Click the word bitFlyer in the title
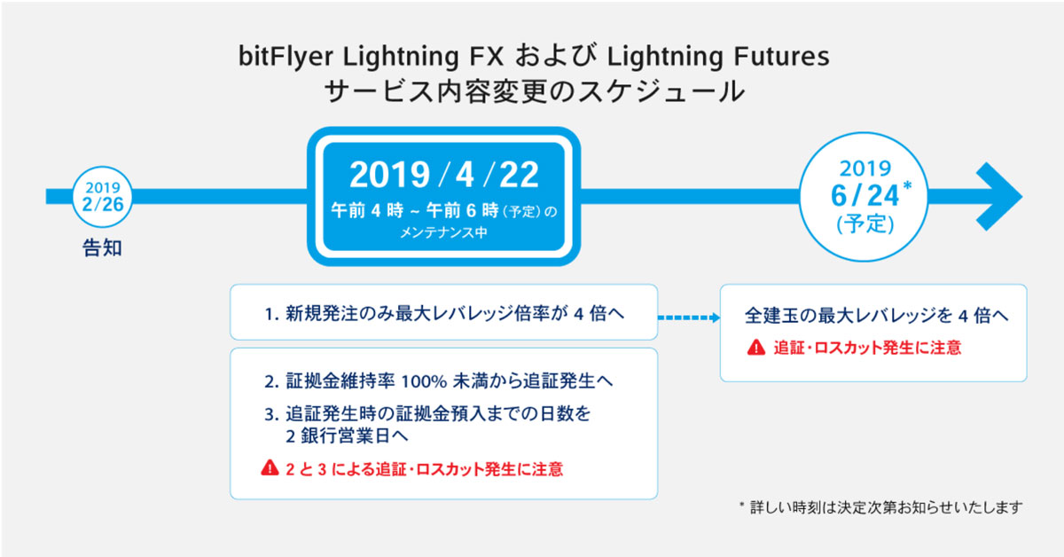286,57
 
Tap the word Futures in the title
782,56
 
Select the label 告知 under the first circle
102,248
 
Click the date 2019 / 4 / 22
444,175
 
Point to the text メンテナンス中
443,233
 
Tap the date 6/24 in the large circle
864,196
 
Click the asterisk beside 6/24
907,185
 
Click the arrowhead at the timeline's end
999,196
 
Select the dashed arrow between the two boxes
689,318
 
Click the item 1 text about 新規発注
444,314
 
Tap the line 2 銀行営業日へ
347,436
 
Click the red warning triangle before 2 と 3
270,467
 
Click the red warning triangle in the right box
756,348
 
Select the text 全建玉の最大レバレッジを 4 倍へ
876,316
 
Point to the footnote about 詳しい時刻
881,507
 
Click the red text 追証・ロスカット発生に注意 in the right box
867,348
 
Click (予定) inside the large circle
865,224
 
